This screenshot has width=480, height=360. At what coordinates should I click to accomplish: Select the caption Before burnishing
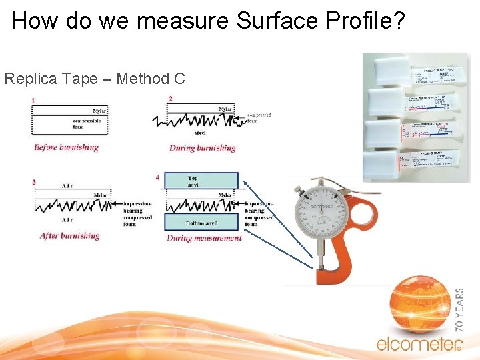(66, 147)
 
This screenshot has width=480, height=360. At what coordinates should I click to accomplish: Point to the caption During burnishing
(203, 148)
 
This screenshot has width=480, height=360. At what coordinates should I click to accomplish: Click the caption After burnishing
(69, 235)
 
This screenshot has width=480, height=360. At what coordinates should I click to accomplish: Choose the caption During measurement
(204, 238)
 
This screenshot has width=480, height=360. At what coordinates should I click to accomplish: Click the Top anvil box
(201, 181)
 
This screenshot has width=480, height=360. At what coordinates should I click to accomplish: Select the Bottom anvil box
(201, 223)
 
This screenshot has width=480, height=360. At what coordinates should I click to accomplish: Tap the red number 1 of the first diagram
(33, 101)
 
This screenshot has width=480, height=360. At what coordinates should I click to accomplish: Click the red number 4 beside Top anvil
(157, 178)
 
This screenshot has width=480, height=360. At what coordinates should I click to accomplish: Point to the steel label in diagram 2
(200, 133)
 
